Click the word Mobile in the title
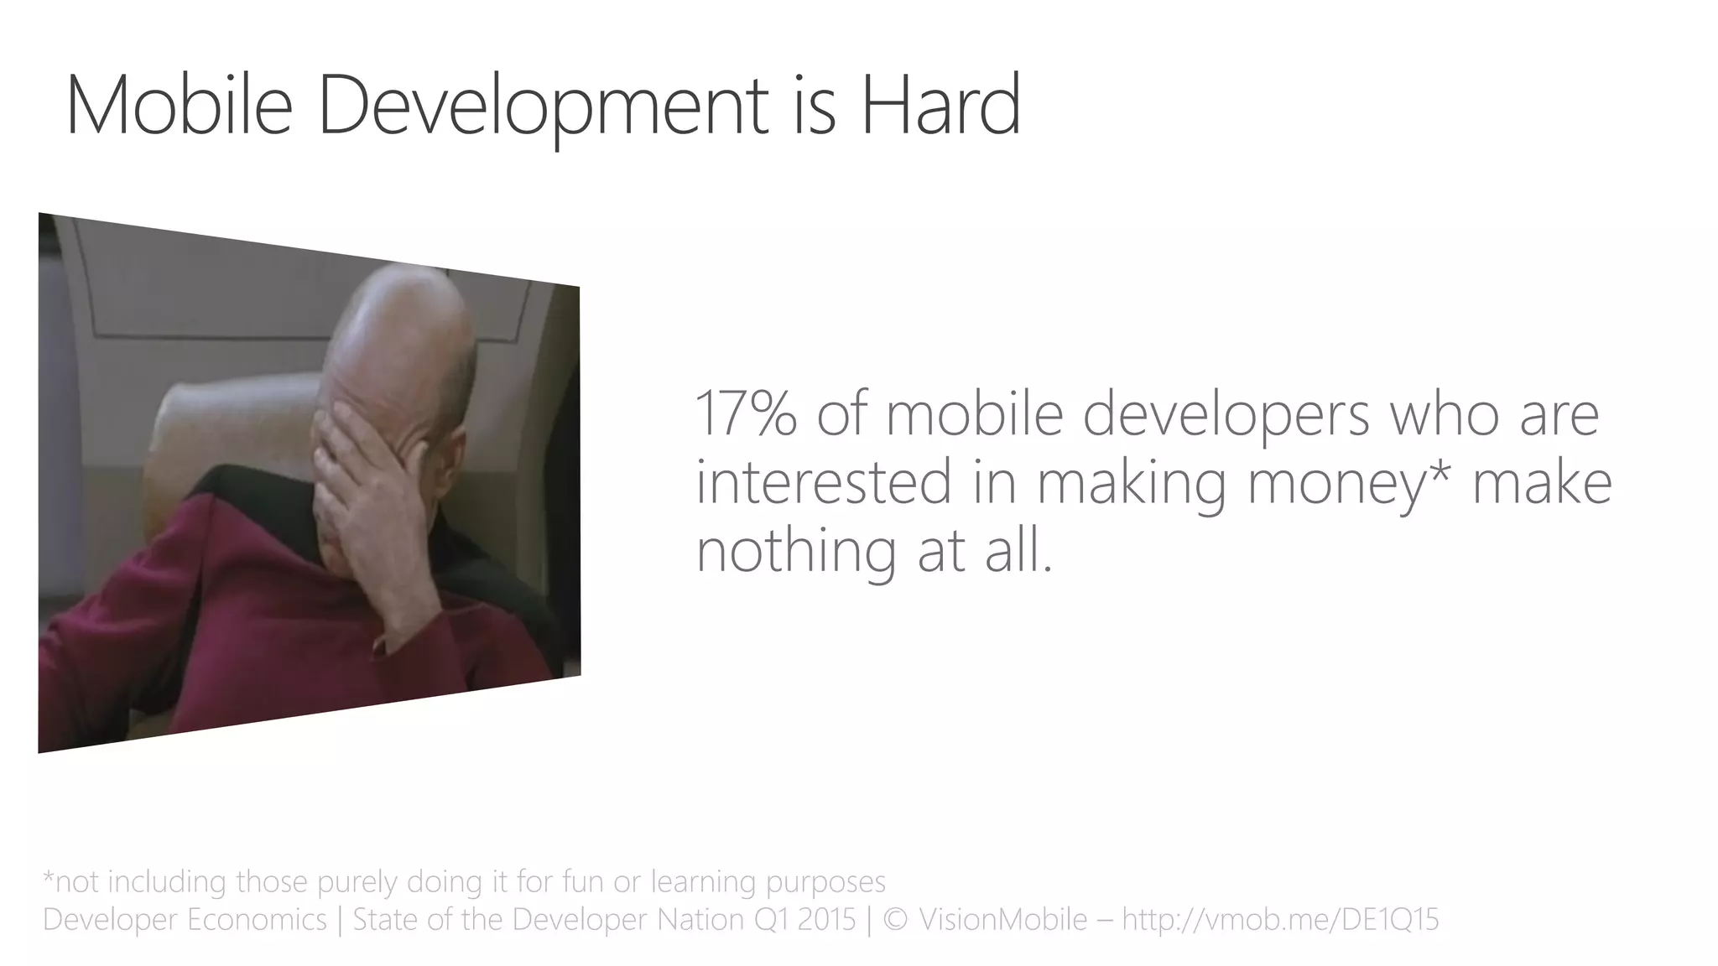coord(179,106)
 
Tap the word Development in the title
coord(543,107)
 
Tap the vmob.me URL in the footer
coord(1280,920)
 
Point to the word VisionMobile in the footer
coord(1003,920)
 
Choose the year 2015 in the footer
coord(826,920)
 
